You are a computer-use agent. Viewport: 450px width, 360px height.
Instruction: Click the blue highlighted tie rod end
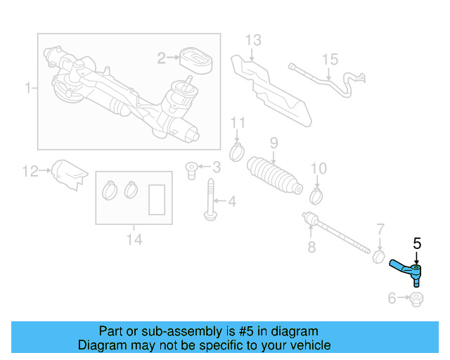[409, 269]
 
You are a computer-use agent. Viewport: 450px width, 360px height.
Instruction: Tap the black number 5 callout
[417, 244]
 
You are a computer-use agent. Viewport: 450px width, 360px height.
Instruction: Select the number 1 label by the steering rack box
[28, 88]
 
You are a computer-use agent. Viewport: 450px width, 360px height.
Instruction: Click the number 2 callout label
[161, 58]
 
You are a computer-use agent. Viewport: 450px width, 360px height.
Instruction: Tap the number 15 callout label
[330, 60]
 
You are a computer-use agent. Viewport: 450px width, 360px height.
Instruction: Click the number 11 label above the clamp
[238, 124]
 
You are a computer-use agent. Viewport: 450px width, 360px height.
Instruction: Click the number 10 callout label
[319, 169]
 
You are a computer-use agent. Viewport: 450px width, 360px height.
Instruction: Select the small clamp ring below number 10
[316, 193]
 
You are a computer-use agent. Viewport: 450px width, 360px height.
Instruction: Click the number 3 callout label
[216, 167]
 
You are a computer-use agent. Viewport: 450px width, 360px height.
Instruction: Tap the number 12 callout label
[30, 170]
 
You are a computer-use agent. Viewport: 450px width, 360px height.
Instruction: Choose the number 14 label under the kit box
[134, 240]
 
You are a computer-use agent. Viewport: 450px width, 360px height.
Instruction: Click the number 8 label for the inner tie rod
[311, 247]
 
